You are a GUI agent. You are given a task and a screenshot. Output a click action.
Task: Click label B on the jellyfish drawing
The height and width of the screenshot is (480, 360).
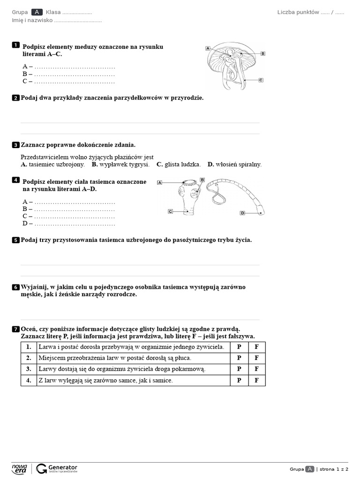point(263,53)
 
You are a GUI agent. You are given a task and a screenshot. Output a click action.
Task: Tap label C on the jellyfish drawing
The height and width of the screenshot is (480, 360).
point(261,80)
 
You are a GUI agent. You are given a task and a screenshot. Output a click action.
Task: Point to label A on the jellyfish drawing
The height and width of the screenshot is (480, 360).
point(207,48)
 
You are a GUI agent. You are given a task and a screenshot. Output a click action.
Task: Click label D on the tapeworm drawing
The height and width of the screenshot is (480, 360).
point(242,213)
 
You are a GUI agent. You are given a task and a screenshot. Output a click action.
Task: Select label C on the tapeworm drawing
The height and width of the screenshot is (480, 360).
point(170,211)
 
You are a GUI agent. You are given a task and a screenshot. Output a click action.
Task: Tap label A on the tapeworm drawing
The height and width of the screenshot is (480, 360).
point(159,182)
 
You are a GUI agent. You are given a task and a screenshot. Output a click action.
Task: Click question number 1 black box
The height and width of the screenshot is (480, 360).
point(15,45)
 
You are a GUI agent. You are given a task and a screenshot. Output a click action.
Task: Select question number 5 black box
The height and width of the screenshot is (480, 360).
point(15,240)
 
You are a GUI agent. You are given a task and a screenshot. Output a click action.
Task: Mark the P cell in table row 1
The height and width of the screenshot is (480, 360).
point(239,347)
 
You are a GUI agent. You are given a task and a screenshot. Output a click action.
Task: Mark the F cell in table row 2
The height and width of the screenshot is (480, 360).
point(256,358)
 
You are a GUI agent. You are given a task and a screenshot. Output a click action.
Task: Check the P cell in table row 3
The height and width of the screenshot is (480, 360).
point(239,369)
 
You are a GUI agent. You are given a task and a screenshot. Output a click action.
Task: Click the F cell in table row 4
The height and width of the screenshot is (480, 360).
point(256,381)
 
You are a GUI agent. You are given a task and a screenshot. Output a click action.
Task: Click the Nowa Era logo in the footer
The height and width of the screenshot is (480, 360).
point(20,469)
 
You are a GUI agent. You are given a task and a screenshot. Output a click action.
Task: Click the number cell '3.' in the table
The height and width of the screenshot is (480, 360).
point(29,369)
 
